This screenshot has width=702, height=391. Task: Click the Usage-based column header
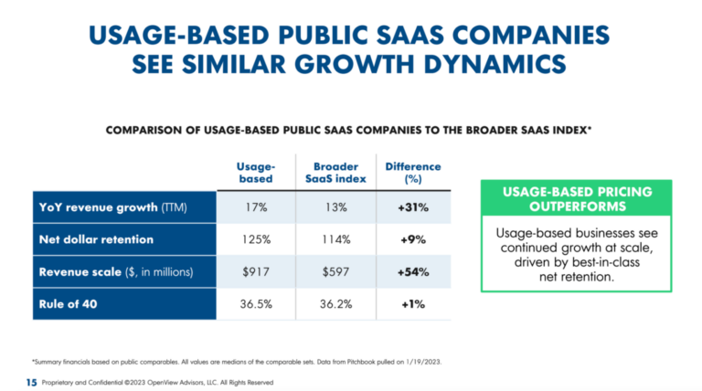point(255,172)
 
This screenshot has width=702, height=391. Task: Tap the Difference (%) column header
point(412,172)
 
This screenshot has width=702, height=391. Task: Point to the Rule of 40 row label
point(69,304)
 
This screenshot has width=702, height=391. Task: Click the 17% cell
point(255,206)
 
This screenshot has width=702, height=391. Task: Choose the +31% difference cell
point(412,206)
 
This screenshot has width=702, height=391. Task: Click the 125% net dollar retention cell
point(255,239)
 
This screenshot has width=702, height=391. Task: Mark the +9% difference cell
point(412,239)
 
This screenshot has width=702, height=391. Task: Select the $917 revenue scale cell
point(255,271)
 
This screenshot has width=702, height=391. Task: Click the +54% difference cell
point(412,271)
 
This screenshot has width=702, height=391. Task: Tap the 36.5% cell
point(255,304)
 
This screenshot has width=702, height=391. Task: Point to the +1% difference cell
point(412,304)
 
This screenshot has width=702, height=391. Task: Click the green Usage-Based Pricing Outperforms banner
point(576,198)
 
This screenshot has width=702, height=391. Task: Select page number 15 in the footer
point(31,381)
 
